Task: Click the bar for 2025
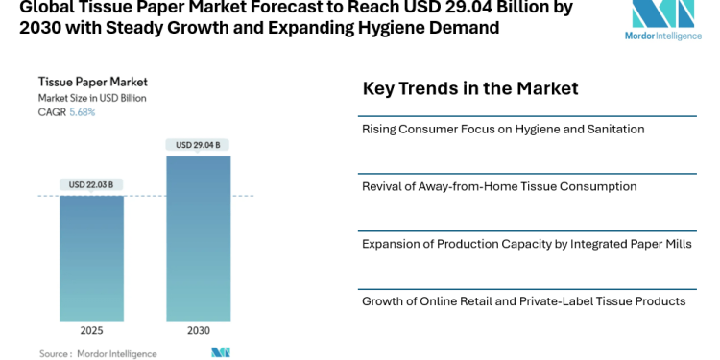pyautogui.click(x=91, y=257)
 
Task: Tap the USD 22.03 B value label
pyautogui.click(x=91, y=184)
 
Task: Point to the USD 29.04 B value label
pyautogui.click(x=198, y=145)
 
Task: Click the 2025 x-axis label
pyautogui.click(x=91, y=331)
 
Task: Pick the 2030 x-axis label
pyautogui.click(x=198, y=331)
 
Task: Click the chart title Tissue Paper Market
pyautogui.click(x=92, y=82)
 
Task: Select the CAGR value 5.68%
pyautogui.click(x=83, y=112)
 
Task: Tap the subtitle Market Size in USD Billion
pyautogui.click(x=93, y=98)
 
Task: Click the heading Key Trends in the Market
pyautogui.click(x=469, y=89)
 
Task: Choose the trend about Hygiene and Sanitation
pyautogui.click(x=502, y=129)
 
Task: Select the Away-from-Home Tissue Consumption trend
pyautogui.click(x=498, y=186)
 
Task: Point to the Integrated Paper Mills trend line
pyautogui.click(x=526, y=244)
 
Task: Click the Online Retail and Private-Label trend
pyautogui.click(x=523, y=301)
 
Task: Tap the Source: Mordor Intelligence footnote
pyautogui.click(x=98, y=353)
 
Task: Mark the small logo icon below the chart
pyautogui.click(x=221, y=352)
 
